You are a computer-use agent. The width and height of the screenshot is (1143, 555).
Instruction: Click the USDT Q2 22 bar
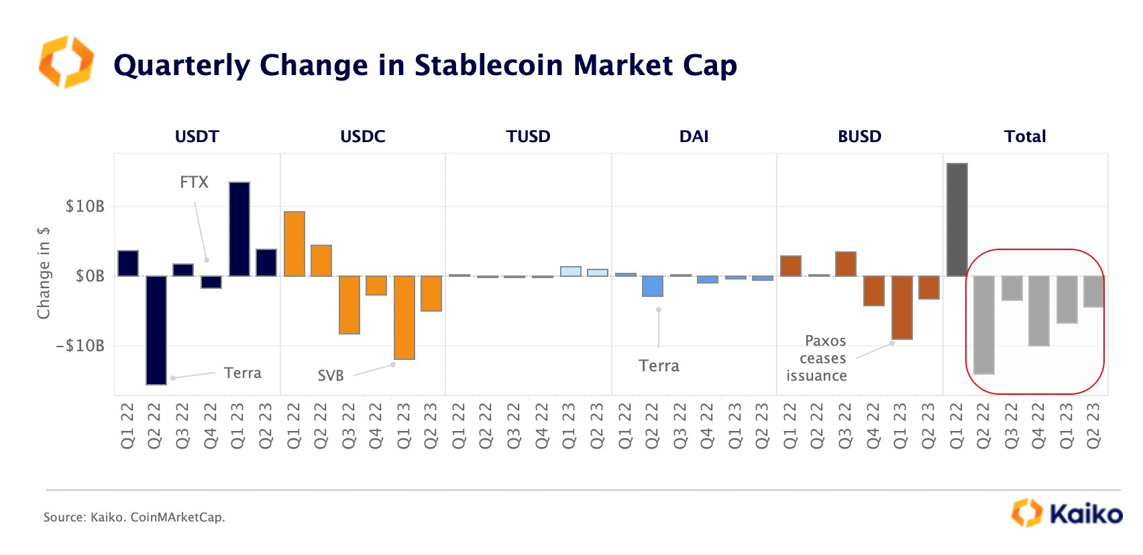[156, 330]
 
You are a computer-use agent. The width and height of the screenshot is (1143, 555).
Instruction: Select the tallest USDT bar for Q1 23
[239, 229]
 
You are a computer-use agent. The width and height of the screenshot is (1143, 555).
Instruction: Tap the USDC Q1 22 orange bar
[294, 244]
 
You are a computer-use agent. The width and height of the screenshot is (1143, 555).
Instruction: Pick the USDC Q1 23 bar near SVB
[404, 317]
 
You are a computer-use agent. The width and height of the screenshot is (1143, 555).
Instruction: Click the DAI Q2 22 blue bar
[653, 286]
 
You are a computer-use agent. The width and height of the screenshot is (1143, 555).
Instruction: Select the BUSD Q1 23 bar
[902, 307]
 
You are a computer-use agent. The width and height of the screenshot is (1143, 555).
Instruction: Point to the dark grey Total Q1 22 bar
[957, 220]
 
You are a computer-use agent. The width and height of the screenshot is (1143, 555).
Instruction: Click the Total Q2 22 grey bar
[984, 324]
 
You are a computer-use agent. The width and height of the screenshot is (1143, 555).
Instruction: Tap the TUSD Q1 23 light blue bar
[571, 271]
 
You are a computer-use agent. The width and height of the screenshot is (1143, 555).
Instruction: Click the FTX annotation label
[194, 182]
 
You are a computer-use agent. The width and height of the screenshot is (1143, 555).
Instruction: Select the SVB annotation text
[331, 375]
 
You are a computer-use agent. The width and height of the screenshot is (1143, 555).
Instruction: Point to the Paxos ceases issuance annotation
[817, 359]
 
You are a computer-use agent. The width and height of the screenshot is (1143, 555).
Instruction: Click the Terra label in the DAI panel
[659, 366]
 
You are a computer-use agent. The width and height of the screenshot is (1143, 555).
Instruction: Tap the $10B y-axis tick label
[85, 206]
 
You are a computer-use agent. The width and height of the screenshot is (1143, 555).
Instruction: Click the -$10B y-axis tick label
[80, 346]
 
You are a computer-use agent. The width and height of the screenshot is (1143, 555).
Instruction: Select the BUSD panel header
[859, 137]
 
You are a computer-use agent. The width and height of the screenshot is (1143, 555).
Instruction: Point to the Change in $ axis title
[44, 273]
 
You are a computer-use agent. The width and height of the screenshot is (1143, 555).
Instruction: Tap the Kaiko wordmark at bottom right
[1085, 514]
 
